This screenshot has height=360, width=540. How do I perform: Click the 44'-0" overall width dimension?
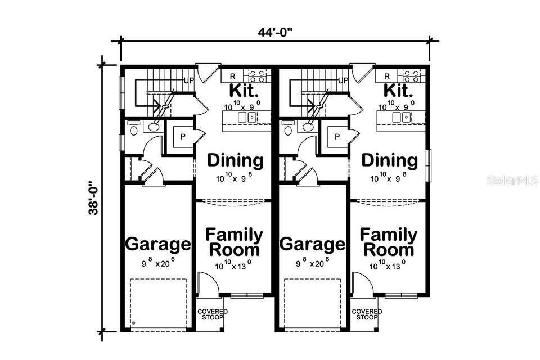[x=276, y=32]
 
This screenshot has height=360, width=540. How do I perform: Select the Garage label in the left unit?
[x=157, y=245]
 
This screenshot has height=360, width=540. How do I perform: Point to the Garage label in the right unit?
[x=312, y=245]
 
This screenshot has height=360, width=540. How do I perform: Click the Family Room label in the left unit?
[x=233, y=242]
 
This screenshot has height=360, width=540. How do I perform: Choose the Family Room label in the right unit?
[x=389, y=242]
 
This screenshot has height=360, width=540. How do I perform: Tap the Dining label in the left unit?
[x=235, y=161]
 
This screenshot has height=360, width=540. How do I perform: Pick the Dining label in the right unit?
[x=390, y=161]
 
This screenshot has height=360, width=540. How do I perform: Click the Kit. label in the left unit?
[x=244, y=91]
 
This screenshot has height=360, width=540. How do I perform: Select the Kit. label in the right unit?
[x=398, y=91]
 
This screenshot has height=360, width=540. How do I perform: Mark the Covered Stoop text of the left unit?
[x=212, y=314]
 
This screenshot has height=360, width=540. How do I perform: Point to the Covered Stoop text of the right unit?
[x=367, y=314]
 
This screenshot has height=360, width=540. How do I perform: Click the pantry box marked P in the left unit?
[x=183, y=137]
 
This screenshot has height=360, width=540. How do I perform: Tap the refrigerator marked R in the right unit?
[x=387, y=76]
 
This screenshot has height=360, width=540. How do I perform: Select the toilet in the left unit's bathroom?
[x=133, y=130]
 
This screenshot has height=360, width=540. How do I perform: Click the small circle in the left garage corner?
[x=134, y=323]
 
